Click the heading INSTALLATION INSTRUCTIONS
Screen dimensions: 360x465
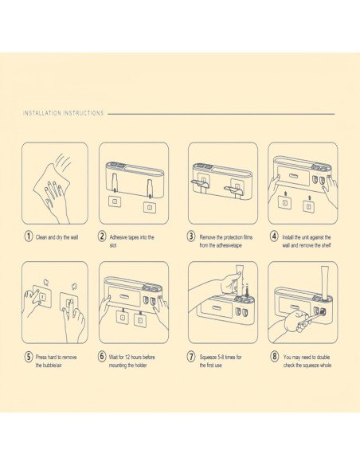pyautogui.click(x=64, y=113)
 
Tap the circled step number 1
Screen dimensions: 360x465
pyautogui.click(x=28, y=236)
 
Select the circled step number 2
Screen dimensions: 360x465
pyautogui.click(x=102, y=236)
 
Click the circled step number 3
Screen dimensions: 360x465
pyautogui.click(x=191, y=236)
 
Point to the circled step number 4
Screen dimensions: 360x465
pyautogui.click(x=274, y=236)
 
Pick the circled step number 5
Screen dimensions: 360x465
pyautogui.click(x=28, y=356)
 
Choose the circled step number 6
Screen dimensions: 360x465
pyautogui.click(x=102, y=356)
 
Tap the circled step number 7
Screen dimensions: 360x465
pyautogui.click(x=191, y=356)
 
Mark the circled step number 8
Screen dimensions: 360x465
pyautogui.click(x=274, y=356)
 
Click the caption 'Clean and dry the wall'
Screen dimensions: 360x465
pyautogui.click(x=57, y=237)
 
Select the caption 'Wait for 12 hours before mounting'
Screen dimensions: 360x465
pyautogui.click(x=131, y=361)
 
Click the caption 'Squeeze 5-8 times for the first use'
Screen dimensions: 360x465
pyautogui.click(x=221, y=361)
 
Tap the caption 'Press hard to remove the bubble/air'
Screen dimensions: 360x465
pyautogui.click(x=56, y=361)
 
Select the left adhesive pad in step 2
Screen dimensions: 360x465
pyautogui.click(x=114, y=201)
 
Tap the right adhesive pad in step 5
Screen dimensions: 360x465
pyautogui.click(x=69, y=303)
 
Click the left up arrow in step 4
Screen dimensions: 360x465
pyautogui.click(x=285, y=193)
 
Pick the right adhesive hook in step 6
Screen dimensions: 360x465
pyautogui.click(x=139, y=318)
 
